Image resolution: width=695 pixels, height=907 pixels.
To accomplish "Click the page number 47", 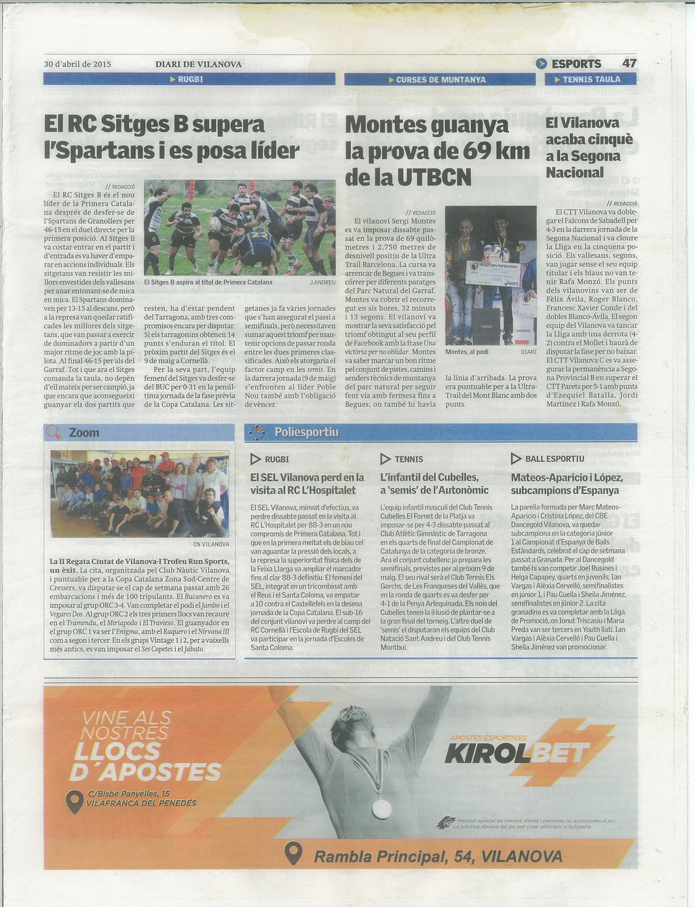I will (629, 63).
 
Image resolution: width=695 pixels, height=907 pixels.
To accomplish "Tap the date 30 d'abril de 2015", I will (77, 64).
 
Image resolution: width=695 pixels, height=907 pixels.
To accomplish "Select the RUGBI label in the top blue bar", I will (190, 79).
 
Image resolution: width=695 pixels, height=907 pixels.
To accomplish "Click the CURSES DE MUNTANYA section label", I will (440, 79).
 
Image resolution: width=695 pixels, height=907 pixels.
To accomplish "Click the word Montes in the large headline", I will (384, 126).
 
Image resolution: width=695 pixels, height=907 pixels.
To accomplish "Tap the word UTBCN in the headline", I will (434, 177).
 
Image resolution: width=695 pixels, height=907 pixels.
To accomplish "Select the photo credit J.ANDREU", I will (322, 282).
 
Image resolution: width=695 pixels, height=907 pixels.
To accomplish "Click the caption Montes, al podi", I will (467, 352).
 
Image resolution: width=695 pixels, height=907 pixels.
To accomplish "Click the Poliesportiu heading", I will (306, 432).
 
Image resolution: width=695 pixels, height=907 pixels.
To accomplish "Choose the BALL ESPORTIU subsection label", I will (555, 459).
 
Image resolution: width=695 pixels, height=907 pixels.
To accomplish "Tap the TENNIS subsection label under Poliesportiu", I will (409, 459).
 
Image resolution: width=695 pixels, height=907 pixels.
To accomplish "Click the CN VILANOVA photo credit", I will (211, 544).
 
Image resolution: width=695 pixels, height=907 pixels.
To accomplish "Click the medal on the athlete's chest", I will (381, 808).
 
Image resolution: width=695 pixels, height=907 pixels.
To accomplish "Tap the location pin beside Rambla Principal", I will (293, 853).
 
